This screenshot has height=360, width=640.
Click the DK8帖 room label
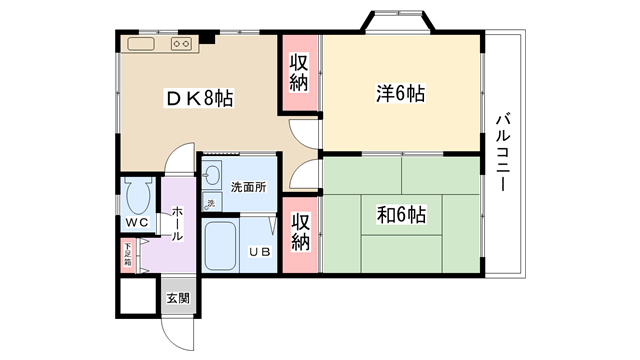pos(199,98)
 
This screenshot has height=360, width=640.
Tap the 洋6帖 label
pos(400,93)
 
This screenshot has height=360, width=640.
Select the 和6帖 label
pos(401,215)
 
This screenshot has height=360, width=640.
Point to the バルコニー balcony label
pos(503,152)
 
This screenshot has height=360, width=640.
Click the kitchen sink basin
pos(141,44)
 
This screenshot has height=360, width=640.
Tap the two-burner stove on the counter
pos(181,44)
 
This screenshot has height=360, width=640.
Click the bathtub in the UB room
pos(220,247)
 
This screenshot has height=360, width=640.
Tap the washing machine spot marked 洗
pos(212,202)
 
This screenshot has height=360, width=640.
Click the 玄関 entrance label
pos(178,298)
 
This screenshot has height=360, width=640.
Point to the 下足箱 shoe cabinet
pos(128,255)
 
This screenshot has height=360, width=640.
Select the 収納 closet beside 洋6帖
pos(299,73)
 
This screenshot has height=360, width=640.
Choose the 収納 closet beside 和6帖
pos(300,235)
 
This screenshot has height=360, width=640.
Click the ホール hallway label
pos(177,224)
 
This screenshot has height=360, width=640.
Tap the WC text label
pos(137,222)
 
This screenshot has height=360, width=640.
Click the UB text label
pos(260,252)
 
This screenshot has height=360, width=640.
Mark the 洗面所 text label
pos(248,187)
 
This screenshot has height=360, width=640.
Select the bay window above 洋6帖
pos(398,20)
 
